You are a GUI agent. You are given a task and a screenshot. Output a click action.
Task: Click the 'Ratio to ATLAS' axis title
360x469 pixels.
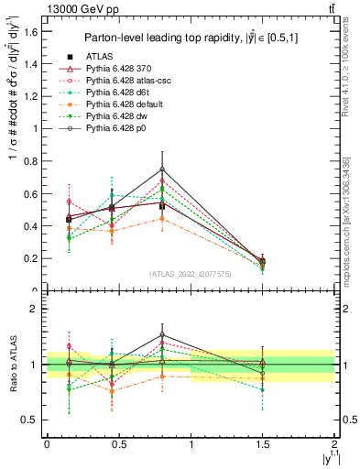coord(12,365)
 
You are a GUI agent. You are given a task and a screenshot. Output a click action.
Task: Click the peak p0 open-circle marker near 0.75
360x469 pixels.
coord(162,169)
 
